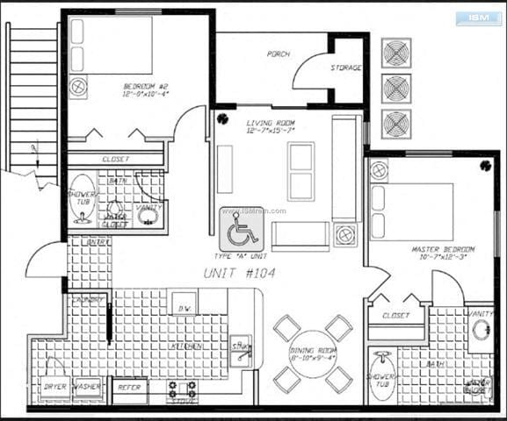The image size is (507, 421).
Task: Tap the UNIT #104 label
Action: tap(239, 273)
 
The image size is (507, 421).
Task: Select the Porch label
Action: tap(279, 54)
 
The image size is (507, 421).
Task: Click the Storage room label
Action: tap(346, 68)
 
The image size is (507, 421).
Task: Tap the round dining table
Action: tap(313, 354)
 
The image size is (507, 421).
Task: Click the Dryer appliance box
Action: tap(54, 387)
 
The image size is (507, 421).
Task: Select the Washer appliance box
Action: tap(87, 387)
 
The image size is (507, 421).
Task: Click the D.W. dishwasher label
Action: tap(185, 307)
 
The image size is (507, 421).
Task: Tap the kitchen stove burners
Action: tap(183, 388)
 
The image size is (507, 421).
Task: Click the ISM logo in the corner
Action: tap(478, 18)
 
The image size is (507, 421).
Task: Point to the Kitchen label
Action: tap(190, 346)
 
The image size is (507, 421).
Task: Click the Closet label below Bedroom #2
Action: tap(116, 159)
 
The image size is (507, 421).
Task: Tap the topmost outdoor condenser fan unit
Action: tap(396, 54)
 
